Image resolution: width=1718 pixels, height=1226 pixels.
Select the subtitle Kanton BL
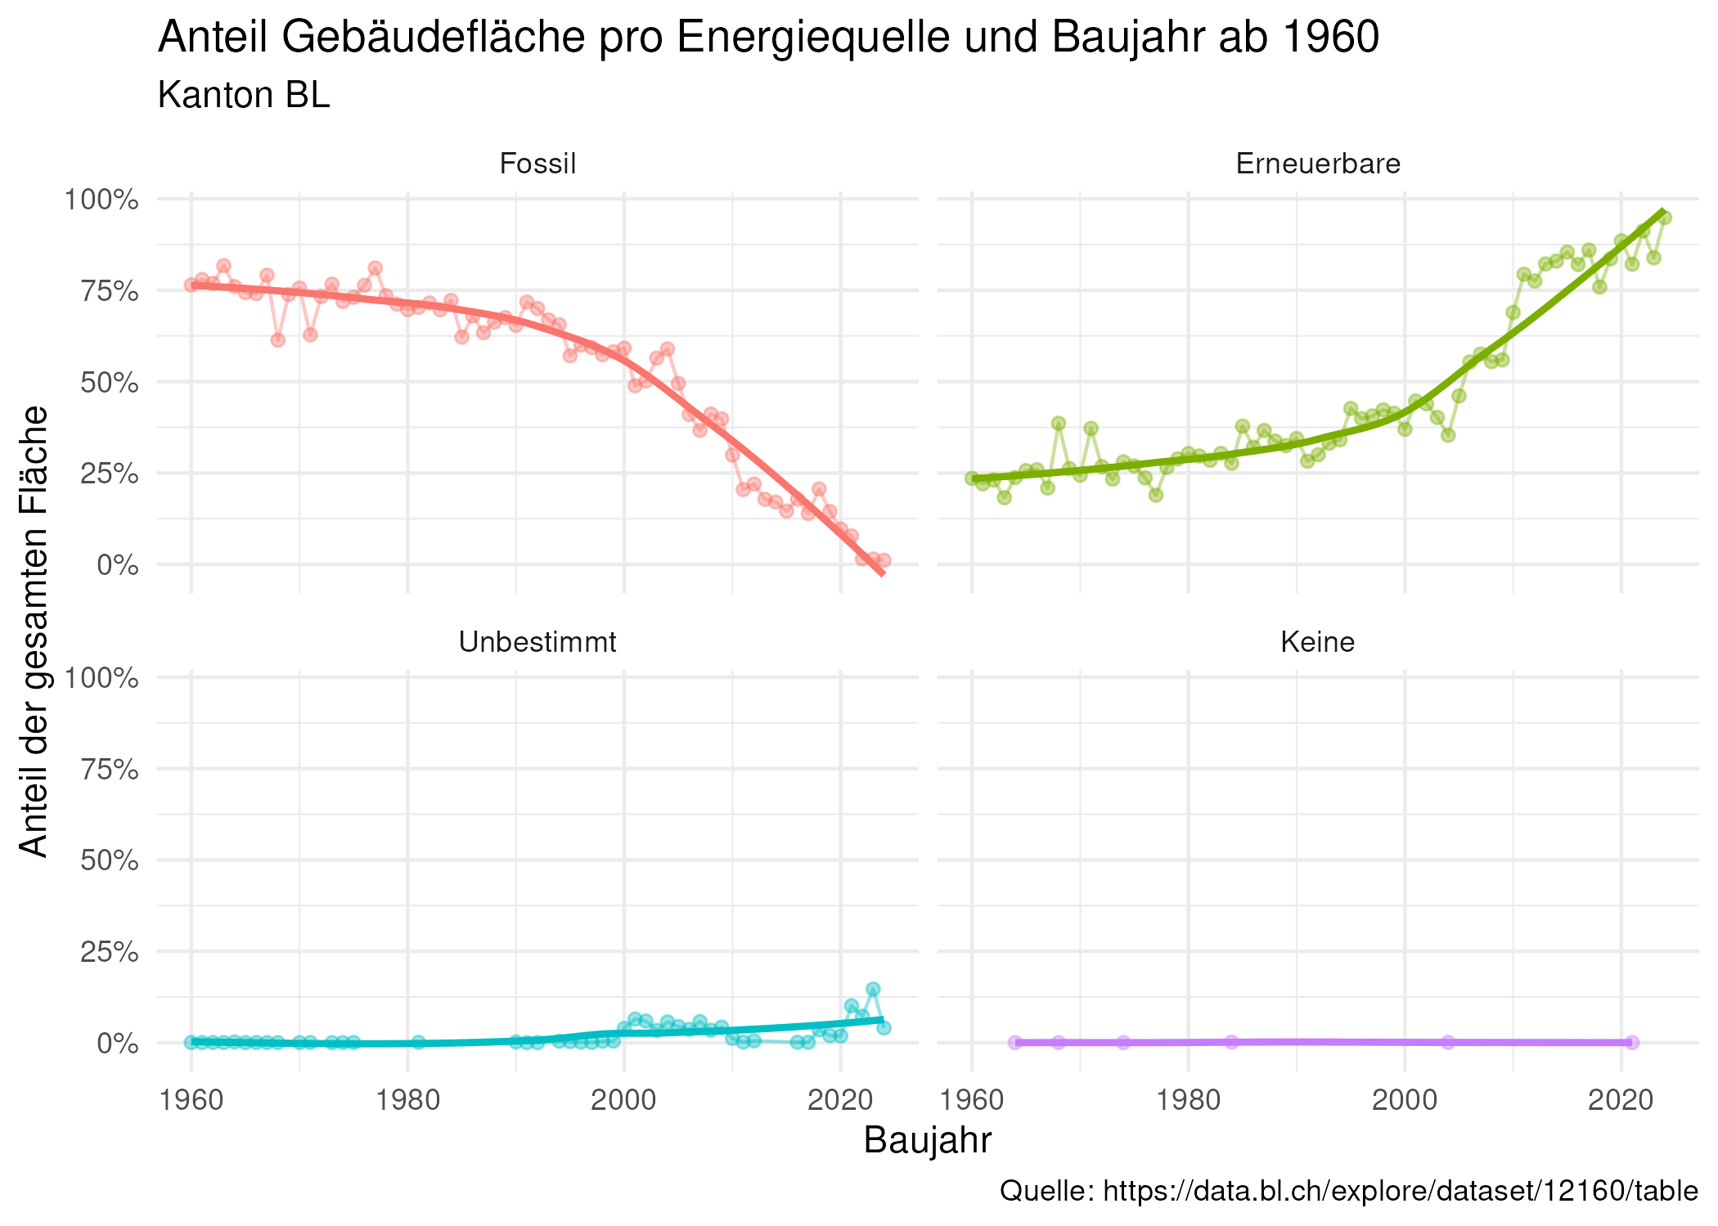(x=244, y=96)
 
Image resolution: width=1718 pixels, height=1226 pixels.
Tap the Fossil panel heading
(x=537, y=164)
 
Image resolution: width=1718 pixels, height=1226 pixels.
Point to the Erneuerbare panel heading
(x=1317, y=164)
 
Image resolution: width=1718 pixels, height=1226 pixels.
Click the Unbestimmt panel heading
(x=537, y=643)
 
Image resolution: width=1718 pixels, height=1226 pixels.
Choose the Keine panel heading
(x=1317, y=643)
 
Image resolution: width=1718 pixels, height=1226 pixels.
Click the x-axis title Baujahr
(x=927, y=1140)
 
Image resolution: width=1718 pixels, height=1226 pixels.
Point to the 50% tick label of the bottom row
(x=108, y=860)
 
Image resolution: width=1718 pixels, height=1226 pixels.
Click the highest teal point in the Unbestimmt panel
(x=873, y=989)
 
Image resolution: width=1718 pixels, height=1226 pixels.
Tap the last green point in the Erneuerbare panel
(x=1664, y=218)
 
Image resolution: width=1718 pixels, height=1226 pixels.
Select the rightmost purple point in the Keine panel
(x=1632, y=1042)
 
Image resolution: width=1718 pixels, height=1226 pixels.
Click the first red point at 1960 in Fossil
(x=191, y=285)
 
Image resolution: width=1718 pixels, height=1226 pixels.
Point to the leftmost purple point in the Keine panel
(x=1015, y=1042)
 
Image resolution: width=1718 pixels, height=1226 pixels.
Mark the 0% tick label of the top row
(x=119, y=565)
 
